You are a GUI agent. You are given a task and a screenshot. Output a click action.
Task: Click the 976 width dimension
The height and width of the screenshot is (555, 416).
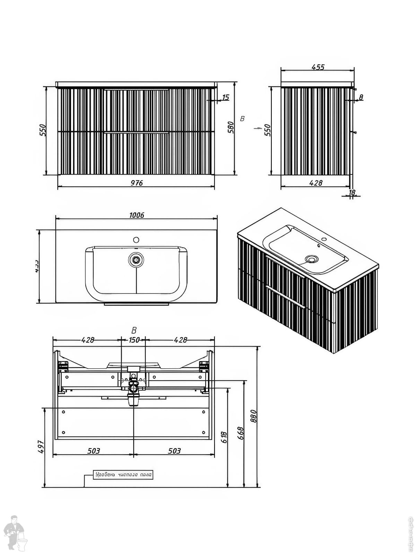(137, 183)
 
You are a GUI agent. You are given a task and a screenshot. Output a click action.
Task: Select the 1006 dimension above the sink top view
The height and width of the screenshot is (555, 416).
(137, 215)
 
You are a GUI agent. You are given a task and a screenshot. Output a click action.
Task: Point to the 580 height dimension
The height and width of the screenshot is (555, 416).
(231, 127)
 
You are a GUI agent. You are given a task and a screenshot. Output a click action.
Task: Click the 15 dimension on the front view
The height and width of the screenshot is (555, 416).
(226, 97)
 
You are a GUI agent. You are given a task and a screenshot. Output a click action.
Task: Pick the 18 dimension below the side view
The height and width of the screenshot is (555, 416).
(352, 193)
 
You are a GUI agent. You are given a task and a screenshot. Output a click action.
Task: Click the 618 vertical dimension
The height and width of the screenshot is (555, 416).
(224, 437)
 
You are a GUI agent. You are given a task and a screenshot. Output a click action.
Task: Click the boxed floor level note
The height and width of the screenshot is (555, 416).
(123, 475)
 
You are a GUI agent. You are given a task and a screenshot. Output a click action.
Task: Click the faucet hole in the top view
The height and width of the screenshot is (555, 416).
(136, 240)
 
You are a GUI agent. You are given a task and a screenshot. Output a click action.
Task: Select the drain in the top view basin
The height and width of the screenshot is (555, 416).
(136, 259)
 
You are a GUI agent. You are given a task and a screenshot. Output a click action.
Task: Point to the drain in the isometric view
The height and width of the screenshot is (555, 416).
(311, 258)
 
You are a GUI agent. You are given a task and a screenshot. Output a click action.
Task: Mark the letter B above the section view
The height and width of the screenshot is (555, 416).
(134, 330)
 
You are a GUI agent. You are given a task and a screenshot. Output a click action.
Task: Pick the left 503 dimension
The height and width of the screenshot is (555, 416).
(94, 451)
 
